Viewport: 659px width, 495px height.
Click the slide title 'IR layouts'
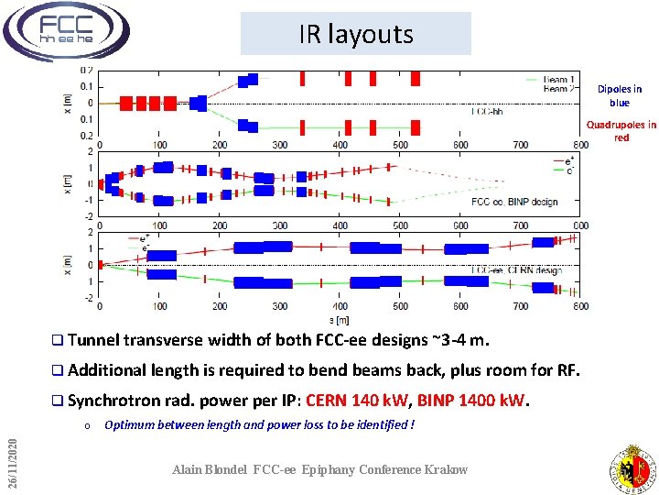[355, 35]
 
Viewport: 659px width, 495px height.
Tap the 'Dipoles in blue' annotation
[620, 96]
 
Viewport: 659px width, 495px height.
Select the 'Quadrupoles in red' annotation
[621, 131]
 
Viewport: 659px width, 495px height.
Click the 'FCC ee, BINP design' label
[513, 202]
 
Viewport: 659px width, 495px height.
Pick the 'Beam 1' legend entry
[558, 80]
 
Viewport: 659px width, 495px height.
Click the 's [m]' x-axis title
[340, 319]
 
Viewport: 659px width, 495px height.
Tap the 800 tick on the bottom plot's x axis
[579, 307]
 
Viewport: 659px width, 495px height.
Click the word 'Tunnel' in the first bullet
[92, 342]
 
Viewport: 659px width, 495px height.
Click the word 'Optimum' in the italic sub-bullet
[132, 424]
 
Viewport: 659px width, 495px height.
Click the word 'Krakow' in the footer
[446, 469]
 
